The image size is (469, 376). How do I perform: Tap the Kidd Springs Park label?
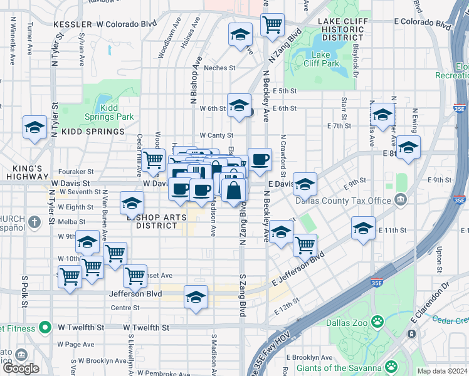click(110, 112)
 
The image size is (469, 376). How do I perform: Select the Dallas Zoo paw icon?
click(377, 321)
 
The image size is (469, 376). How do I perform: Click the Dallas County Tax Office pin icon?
click(401, 201)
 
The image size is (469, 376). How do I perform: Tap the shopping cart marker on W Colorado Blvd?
click(272, 25)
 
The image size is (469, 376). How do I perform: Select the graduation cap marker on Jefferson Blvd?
click(196, 296)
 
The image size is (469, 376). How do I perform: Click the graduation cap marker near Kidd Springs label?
click(35, 128)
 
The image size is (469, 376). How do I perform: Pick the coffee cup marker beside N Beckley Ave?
click(259, 160)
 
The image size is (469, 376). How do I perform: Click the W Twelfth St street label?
click(145, 328)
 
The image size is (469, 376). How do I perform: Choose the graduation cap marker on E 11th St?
click(363, 229)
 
